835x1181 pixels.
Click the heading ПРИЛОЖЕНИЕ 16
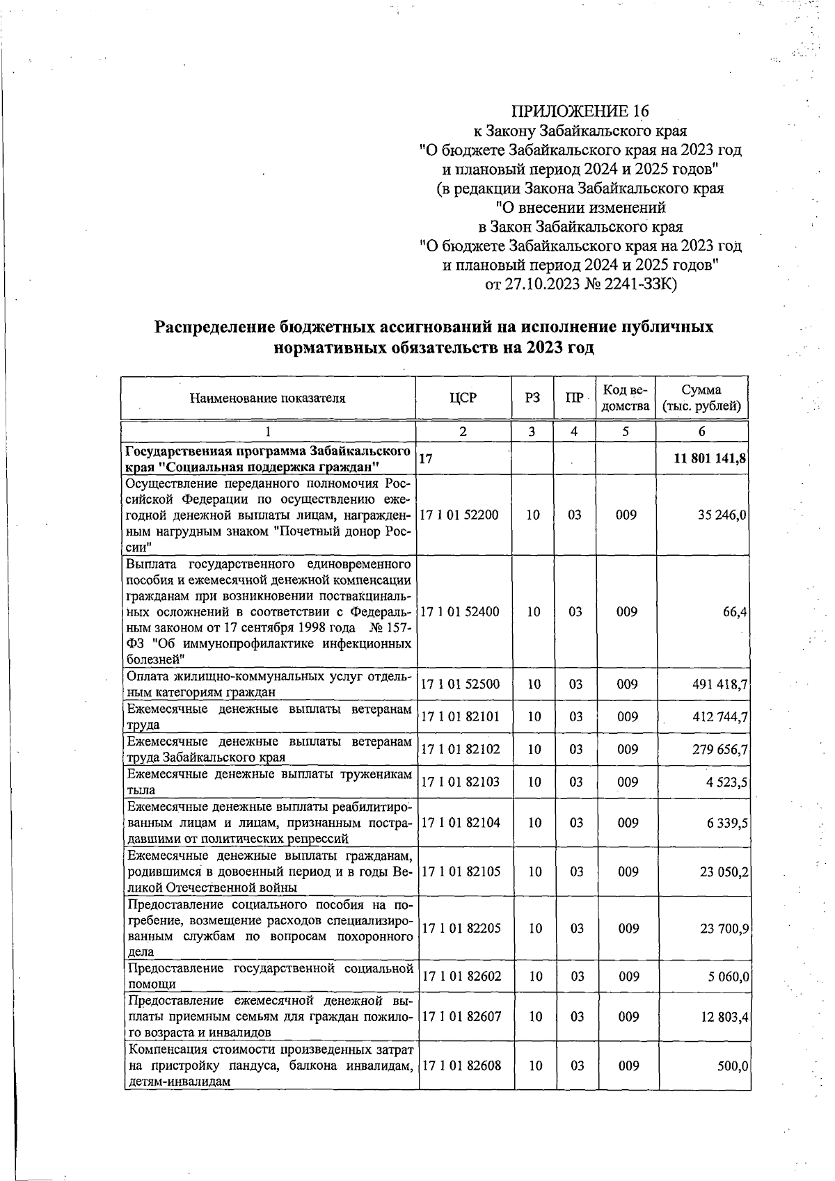pyautogui.click(x=580, y=111)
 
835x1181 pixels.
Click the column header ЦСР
pyautogui.click(x=463, y=398)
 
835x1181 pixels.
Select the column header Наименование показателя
pyautogui.click(x=267, y=399)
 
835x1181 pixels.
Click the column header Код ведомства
pyautogui.click(x=626, y=398)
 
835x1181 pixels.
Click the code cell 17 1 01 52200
pyautogui.click(x=460, y=515)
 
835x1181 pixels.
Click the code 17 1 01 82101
pyautogui.click(x=460, y=717)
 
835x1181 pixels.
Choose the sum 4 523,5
pyautogui.click(x=728, y=782)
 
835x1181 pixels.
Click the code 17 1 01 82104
pyautogui.click(x=460, y=823)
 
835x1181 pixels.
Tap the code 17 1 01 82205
pyautogui.click(x=461, y=929)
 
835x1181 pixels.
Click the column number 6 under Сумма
pyautogui.click(x=701, y=432)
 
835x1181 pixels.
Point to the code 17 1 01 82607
pyautogui.click(x=461, y=1018)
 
